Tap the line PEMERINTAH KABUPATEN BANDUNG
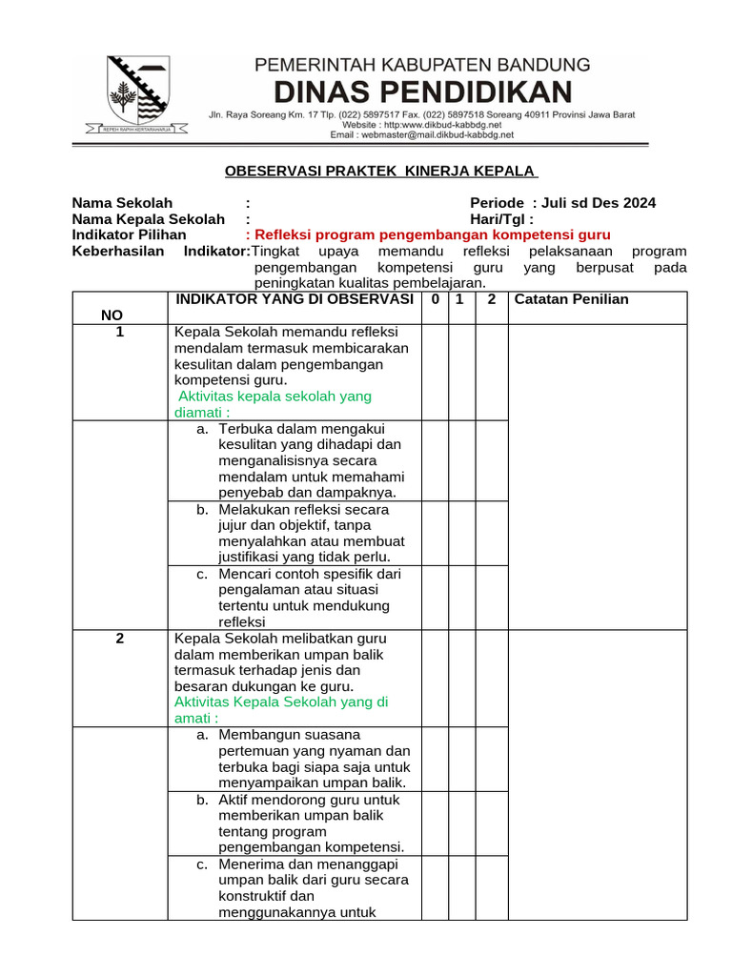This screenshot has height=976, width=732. click(421, 65)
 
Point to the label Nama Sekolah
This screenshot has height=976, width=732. click(123, 203)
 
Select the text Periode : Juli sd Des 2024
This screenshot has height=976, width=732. click(562, 203)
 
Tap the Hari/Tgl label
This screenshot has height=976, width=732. click(501, 219)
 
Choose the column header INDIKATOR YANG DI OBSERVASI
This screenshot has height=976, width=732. click(294, 299)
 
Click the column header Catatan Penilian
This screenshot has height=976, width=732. click(571, 299)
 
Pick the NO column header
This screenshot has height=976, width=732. click(112, 315)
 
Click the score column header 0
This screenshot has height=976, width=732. click(435, 299)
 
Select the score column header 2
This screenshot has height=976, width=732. click(491, 299)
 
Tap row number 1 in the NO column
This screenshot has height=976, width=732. click(120, 332)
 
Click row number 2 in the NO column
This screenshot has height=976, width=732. click(120, 639)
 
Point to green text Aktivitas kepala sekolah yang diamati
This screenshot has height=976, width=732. click(272, 404)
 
